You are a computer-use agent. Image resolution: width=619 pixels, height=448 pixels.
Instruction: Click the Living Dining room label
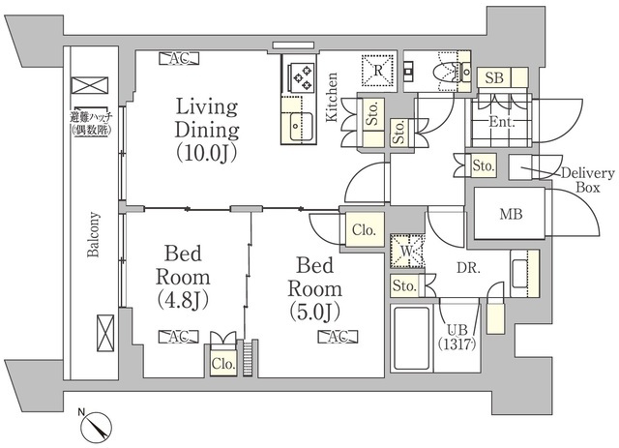(x=207, y=130)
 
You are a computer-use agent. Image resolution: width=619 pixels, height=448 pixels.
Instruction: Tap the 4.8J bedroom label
(x=183, y=277)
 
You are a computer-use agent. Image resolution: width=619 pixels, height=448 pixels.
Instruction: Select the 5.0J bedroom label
(x=314, y=288)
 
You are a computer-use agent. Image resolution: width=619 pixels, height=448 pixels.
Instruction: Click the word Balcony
(x=94, y=235)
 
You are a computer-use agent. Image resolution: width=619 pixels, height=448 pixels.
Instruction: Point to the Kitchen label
(x=332, y=97)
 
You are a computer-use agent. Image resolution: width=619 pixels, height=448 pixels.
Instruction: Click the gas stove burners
(x=303, y=77)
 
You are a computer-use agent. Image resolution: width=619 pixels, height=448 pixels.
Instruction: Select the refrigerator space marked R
(x=378, y=71)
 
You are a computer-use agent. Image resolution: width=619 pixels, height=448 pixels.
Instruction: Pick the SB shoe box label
(x=494, y=77)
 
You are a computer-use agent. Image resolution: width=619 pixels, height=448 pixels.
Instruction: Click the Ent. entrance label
(x=502, y=122)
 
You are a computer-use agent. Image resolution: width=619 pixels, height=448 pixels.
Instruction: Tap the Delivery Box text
(x=588, y=180)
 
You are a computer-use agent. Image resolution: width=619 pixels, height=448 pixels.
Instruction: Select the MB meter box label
(x=511, y=214)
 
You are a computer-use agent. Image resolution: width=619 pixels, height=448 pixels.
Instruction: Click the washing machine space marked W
(x=407, y=252)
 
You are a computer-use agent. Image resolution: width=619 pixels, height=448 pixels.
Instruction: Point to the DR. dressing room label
(x=468, y=269)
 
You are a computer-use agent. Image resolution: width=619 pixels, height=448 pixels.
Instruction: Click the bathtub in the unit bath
(x=412, y=338)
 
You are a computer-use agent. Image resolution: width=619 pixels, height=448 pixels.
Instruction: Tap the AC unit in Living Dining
(x=179, y=58)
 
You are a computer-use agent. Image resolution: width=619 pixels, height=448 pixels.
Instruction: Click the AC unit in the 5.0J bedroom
(x=339, y=337)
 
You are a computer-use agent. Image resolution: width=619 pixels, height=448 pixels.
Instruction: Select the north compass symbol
(x=96, y=427)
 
